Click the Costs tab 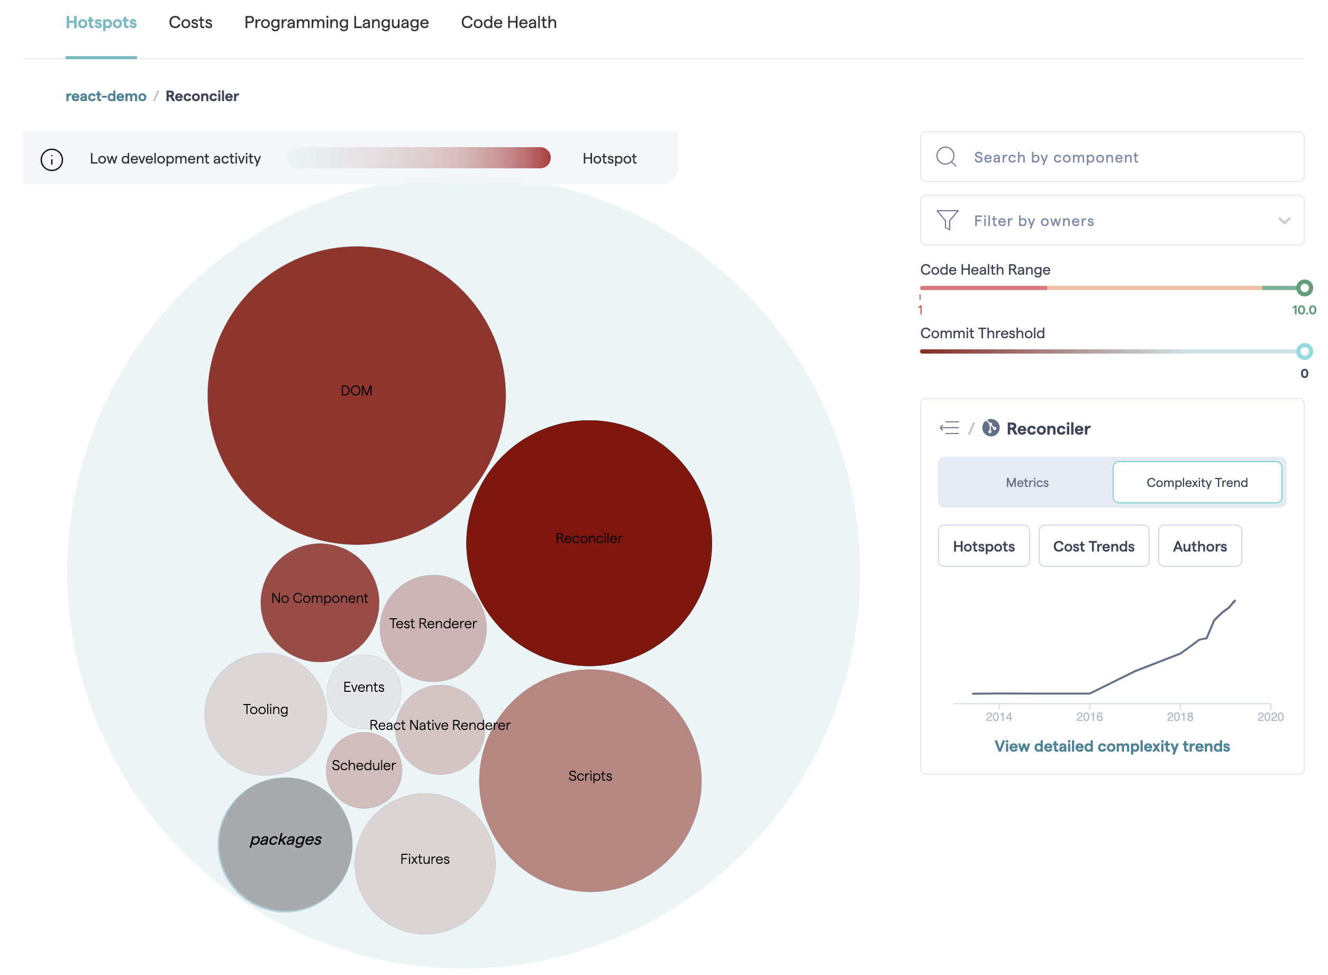coord(190,22)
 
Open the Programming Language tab coord(336,22)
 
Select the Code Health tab coord(508,22)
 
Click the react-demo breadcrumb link coord(106,96)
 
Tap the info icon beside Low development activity coord(52,159)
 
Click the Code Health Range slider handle coord(1304,288)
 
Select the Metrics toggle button coord(1026,483)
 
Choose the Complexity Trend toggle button coord(1196,483)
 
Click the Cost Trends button coord(1093,547)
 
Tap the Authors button coord(1199,547)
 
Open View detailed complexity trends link coord(1112,746)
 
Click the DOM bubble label coord(356,391)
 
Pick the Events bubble coord(363,688)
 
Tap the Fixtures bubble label coord(425,859)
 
